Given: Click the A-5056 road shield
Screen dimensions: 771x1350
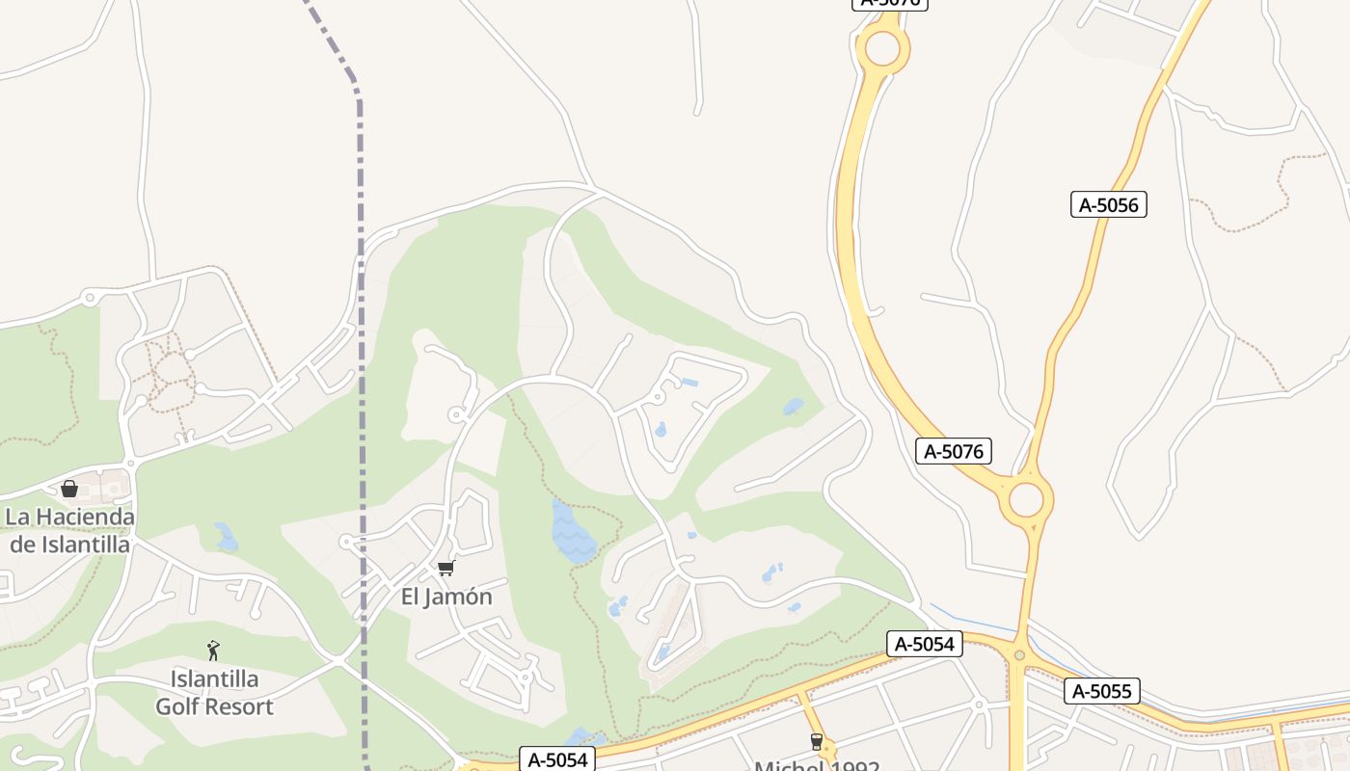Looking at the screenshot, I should [1108, 204].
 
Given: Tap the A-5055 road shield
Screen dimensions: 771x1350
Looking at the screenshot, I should [1102, 691].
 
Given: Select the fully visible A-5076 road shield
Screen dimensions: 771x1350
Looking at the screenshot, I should [953, 450].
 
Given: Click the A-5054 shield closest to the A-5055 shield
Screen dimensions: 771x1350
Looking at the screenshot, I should [924, 644].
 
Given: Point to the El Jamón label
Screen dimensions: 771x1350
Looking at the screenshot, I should [446, 597].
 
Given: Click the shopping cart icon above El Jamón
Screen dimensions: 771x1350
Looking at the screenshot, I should [445, 568].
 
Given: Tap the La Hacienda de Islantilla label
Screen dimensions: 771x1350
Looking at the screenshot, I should [69, 530].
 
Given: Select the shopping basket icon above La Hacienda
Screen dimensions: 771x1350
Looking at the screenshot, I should [69, 489].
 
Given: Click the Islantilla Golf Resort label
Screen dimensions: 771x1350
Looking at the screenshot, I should [214, 693].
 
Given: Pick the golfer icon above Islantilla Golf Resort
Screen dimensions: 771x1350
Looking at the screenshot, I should [213, 651].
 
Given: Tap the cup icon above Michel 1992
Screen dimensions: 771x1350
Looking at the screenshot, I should [817, 741].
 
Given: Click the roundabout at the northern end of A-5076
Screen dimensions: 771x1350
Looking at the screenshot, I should [882, 48].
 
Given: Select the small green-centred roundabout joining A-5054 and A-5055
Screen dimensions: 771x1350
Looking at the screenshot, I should [1019, 655].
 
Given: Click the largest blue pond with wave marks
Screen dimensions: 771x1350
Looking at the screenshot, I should [572, 533].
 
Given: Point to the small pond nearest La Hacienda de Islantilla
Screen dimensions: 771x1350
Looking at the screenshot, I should [226, 537].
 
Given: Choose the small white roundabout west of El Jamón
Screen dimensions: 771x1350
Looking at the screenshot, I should [346, 543].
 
